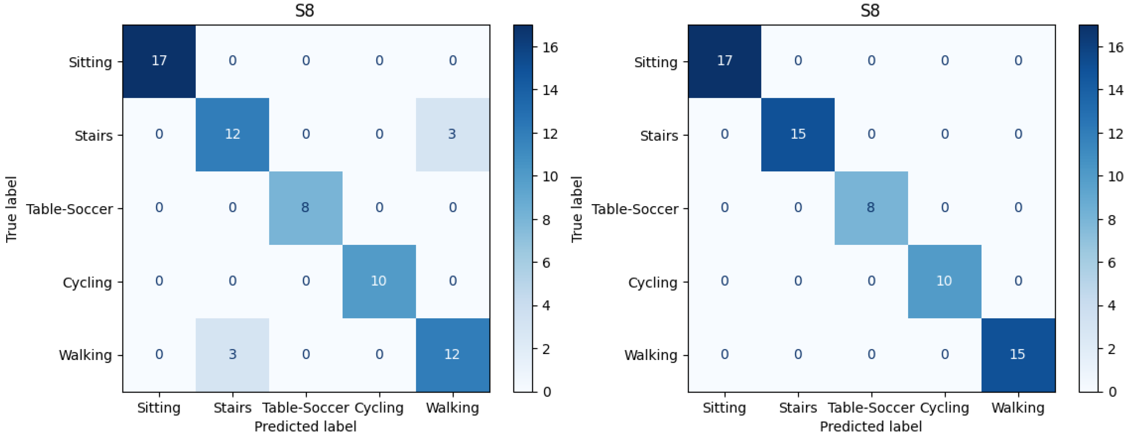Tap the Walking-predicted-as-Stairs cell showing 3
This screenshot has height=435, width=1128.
(232, 354)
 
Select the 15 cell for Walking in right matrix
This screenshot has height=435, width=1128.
(1018, 354)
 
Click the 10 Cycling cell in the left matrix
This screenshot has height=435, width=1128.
(379, 281)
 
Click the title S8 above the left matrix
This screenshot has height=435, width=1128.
(305, 10)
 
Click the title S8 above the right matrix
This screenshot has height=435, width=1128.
(870, 10)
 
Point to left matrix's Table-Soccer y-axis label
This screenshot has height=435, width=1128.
(70, 209)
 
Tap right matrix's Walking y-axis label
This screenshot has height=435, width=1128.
(651, 355)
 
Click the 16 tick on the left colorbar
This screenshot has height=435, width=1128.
(550, 47)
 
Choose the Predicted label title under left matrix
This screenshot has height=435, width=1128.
(305, 426)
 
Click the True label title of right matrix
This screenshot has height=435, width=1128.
(577, 209)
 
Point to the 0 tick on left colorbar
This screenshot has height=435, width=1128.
(547, 392)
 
